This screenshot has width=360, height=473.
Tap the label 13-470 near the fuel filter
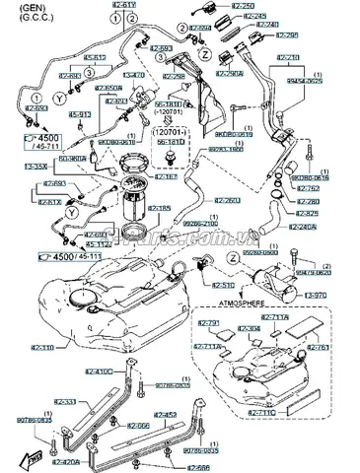133,75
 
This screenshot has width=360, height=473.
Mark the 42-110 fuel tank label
41,348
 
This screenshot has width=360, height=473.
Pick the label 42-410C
125,372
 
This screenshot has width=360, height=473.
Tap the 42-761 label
319,347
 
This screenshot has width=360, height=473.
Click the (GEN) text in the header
17,5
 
